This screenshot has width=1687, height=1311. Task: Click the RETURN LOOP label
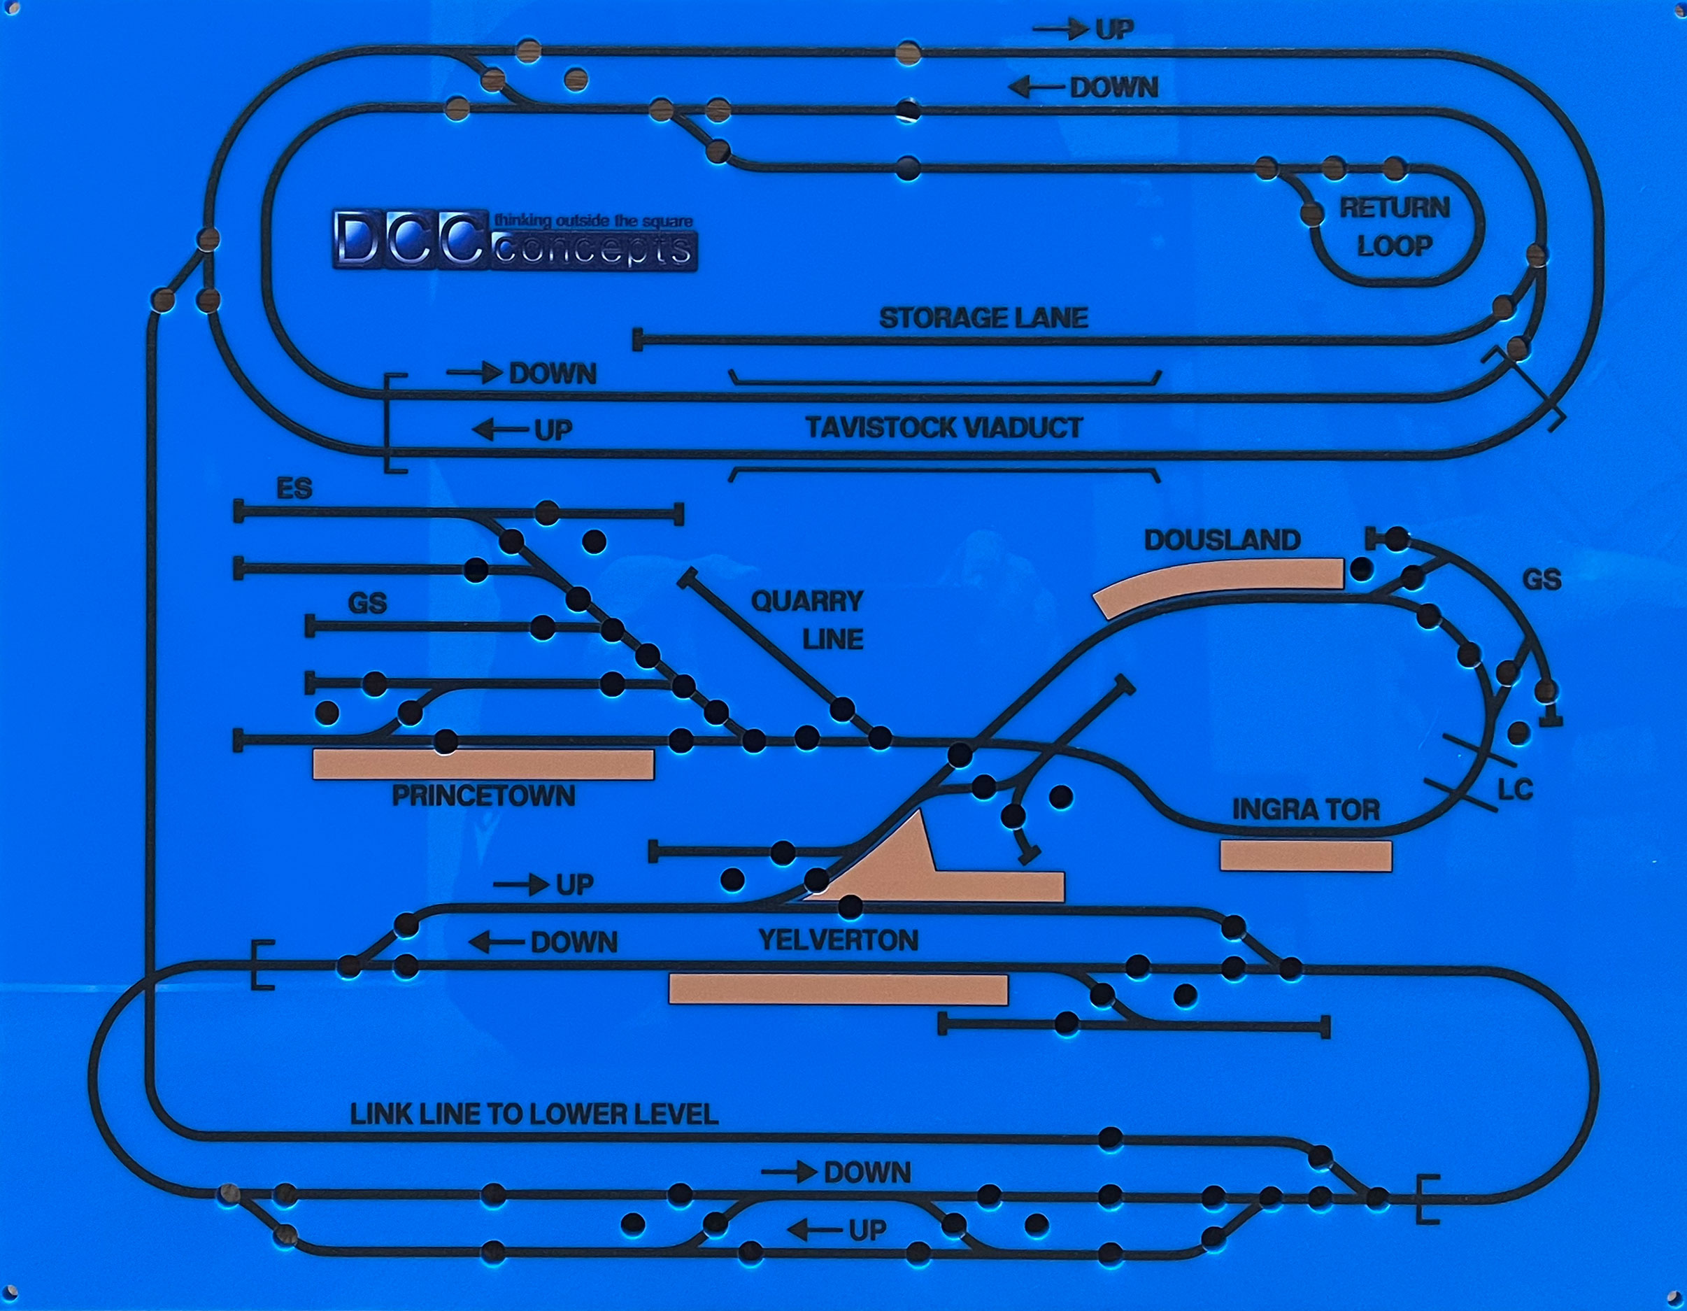point(1393,227)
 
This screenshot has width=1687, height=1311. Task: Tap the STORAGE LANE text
point(983,318)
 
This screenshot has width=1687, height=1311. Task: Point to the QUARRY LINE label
point(807,620)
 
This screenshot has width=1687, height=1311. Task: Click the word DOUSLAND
point(1222,540)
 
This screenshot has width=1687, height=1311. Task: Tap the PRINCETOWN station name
point(483,795)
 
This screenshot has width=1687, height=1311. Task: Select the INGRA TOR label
point(1305,809)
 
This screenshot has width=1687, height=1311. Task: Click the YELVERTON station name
point(838,940)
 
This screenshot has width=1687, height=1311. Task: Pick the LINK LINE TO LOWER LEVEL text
point(534,1114)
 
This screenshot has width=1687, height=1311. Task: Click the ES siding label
point(294,488)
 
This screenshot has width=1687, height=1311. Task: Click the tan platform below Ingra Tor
point(1305,856)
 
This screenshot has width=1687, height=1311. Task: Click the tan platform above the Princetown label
point(483,764)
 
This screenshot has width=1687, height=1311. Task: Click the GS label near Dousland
point(1542,579)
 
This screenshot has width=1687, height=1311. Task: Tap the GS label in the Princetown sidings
point(367,602)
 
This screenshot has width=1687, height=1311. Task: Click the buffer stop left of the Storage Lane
point(638,339)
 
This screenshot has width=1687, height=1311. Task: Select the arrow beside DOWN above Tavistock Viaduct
point(474,373)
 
